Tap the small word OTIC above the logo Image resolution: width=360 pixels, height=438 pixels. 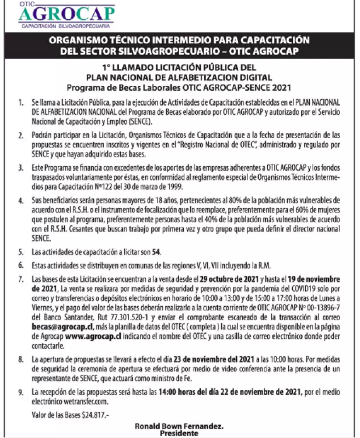(27, 3)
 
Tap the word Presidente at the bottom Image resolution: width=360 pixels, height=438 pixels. (180, 433)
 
